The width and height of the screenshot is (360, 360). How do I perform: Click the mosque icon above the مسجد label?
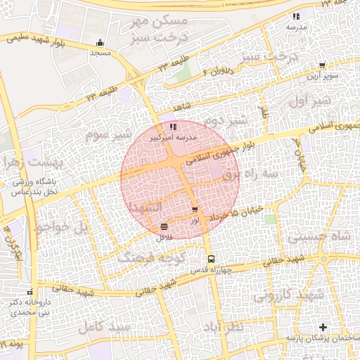tap(101, 42)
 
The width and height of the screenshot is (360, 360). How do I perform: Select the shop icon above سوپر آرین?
tap(322, 65)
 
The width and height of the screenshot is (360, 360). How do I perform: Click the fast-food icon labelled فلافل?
tap(164, 226)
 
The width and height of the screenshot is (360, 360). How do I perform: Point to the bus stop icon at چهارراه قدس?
tap(210, 258)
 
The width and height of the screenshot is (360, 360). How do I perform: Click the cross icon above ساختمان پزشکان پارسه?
tap(323, 328)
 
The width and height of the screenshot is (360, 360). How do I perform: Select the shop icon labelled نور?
tap(195, 210)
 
